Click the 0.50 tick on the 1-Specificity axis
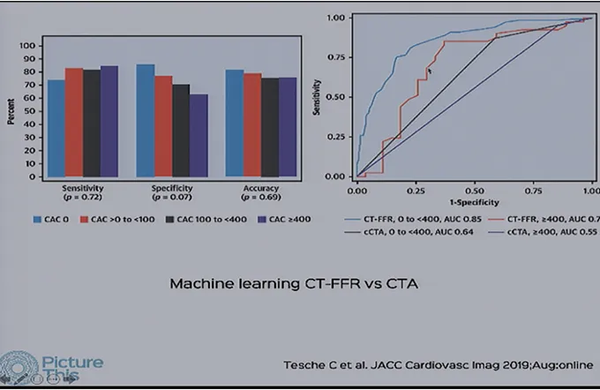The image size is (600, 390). coord(473,190)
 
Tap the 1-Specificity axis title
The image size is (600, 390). coord(473,201)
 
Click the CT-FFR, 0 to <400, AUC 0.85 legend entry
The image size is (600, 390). coord(410,217)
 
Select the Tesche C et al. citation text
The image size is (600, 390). coord(438,364)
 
